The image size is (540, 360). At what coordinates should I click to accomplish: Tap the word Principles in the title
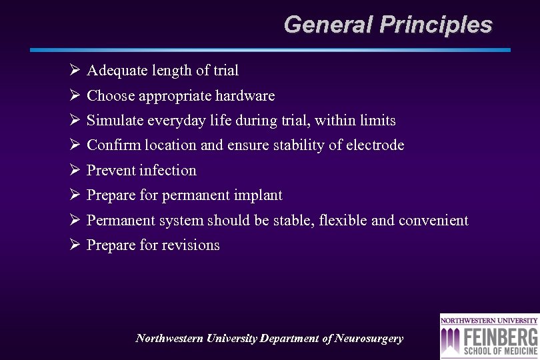[436, 25]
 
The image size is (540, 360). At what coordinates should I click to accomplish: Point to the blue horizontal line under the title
[270, 50]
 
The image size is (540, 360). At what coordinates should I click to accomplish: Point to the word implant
[258, 195]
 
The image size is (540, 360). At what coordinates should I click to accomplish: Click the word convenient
[433, 221]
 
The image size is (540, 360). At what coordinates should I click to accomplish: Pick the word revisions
[190, 245]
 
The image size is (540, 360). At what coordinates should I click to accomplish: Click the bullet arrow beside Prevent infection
[75, 171]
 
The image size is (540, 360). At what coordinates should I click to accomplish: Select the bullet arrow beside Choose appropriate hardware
[75, 96]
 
